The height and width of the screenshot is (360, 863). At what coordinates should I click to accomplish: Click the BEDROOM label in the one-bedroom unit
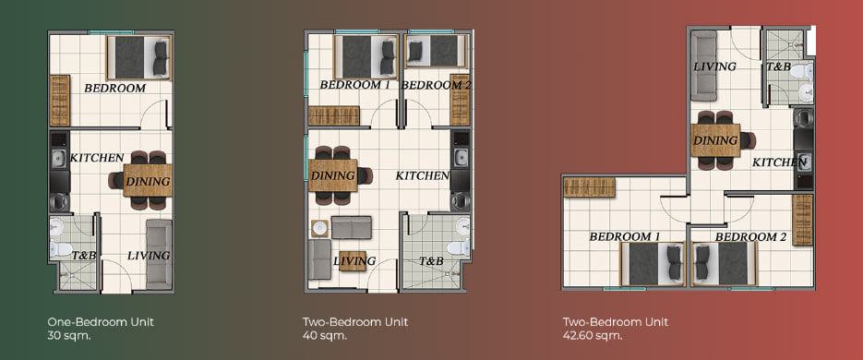(x=115, y=88)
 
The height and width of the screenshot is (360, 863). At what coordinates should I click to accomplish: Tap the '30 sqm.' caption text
(x=69, y=336)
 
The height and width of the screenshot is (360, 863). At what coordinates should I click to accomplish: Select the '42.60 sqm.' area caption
(x=593, y=336)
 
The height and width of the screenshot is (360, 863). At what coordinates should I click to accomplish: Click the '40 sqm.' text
(x=325, y=336)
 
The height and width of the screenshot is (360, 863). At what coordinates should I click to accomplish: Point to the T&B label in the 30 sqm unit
(x=84, y=256)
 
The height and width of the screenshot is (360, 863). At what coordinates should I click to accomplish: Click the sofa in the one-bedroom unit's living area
(x=159, y=254)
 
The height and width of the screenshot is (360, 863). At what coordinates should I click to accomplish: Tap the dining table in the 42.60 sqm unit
(x=715, y=140)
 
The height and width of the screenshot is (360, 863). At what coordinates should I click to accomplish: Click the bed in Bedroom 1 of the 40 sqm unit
(x=366, y=57)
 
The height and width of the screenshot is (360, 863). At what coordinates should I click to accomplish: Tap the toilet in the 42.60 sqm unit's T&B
(x=804, y=71)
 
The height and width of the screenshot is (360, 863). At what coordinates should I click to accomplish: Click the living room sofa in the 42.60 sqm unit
(x=704, y=65)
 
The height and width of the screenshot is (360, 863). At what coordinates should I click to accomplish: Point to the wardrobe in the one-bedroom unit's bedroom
(x=60, y=101)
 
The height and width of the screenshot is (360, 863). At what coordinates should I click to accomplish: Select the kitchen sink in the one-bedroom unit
(x=59, y=159)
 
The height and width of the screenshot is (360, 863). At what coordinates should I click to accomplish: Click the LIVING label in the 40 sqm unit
(x=354, y=261)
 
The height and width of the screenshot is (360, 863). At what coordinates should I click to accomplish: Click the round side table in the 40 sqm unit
(x=319, y=228)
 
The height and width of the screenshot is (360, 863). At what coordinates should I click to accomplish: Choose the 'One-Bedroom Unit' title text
(x=101, y=322)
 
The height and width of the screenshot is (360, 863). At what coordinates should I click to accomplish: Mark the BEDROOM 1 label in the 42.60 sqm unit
(x=625, y=236)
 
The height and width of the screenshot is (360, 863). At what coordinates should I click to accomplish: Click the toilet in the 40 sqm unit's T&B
(x=459, y=248)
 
